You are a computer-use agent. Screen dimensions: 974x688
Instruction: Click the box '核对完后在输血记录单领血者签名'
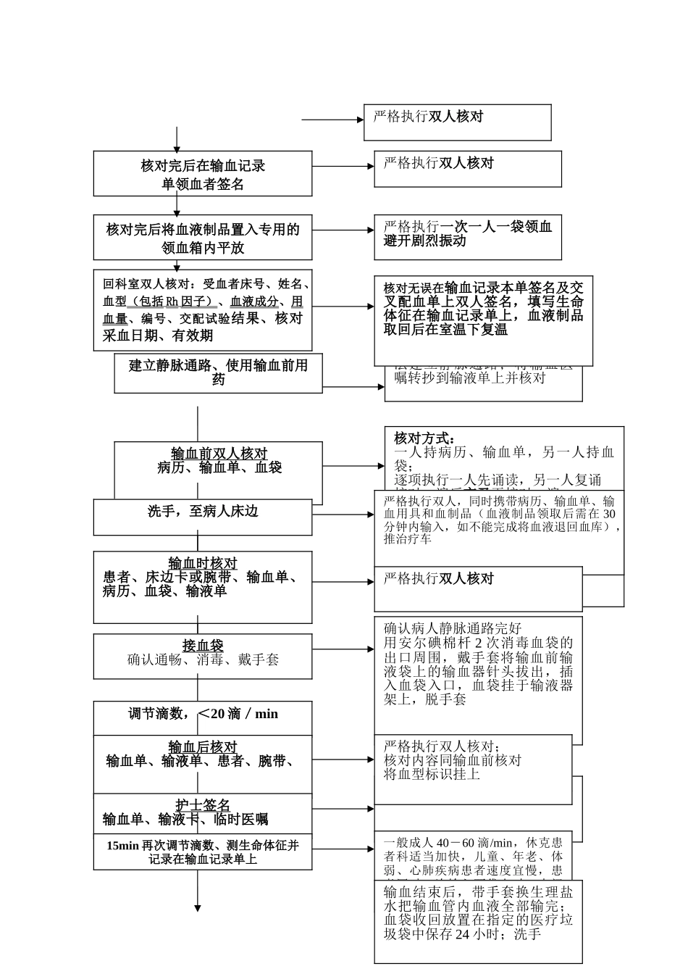[203, 174]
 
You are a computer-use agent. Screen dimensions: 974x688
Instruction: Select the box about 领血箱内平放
[203, 238]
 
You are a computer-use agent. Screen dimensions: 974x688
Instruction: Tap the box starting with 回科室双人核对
[203, 310]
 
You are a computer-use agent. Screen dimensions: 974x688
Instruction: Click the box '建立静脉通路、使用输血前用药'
[218, 372]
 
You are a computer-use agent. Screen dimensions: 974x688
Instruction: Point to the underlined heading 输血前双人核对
[219, 454]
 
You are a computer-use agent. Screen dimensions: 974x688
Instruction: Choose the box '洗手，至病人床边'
[203, 516]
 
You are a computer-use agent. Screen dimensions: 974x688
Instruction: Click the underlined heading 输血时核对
[203, 563]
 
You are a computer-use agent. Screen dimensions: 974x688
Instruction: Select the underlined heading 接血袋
[203, 645]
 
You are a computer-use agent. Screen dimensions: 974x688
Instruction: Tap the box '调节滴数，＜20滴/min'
[203, 715]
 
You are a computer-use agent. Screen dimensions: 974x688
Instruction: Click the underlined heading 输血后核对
[203, 747]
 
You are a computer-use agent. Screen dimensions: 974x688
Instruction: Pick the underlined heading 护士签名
[203, 805]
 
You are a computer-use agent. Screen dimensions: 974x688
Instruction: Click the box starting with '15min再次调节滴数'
[203, 852]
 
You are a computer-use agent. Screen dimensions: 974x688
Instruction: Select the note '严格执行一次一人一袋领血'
[468, 234]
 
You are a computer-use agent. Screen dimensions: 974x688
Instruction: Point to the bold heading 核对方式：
[424, 438]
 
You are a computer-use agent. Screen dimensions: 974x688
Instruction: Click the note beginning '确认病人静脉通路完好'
[478, 664]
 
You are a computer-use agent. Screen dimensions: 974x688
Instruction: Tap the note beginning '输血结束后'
[478, 913]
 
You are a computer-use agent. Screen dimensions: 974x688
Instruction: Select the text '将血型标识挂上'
[432, 775]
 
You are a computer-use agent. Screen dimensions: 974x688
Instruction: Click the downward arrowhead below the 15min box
[197, 907]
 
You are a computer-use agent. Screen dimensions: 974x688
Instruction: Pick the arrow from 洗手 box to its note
[343, 515]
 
